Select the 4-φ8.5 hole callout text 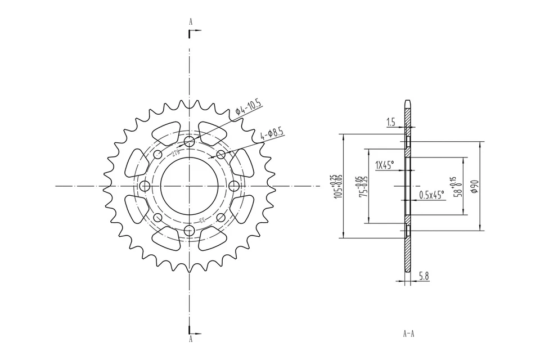272,134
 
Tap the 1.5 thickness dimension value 391,121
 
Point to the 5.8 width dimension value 424,276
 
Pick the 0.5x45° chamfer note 431,195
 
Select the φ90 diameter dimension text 474,186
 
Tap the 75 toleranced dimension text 364,186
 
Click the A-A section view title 408,333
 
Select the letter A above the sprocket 191,21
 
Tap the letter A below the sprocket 191,339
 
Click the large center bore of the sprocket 189,186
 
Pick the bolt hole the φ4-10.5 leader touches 189,140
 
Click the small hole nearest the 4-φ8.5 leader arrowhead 220,154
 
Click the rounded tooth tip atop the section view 408,102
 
